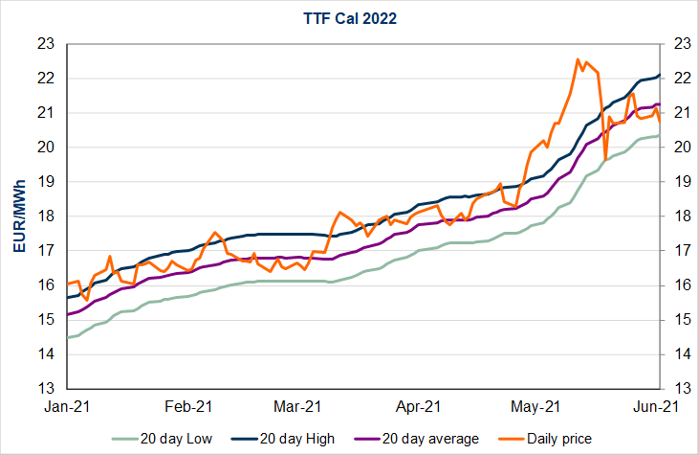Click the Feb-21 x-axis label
[x=186, y=406]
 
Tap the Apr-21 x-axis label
[x=419, y=406]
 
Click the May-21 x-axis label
[x=537, y=406]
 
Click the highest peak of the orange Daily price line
[x=578, y=59]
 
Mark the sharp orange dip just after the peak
[x=605, y=158]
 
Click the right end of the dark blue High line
[x=659, y=75]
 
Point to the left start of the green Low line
[x=68, y=337]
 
